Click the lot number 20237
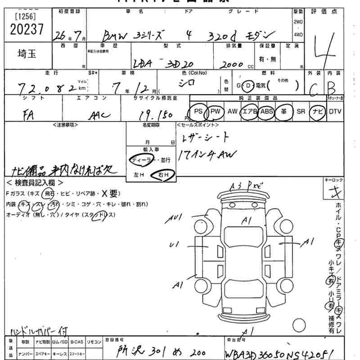click(26, 29)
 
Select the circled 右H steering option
click(163, 174)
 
